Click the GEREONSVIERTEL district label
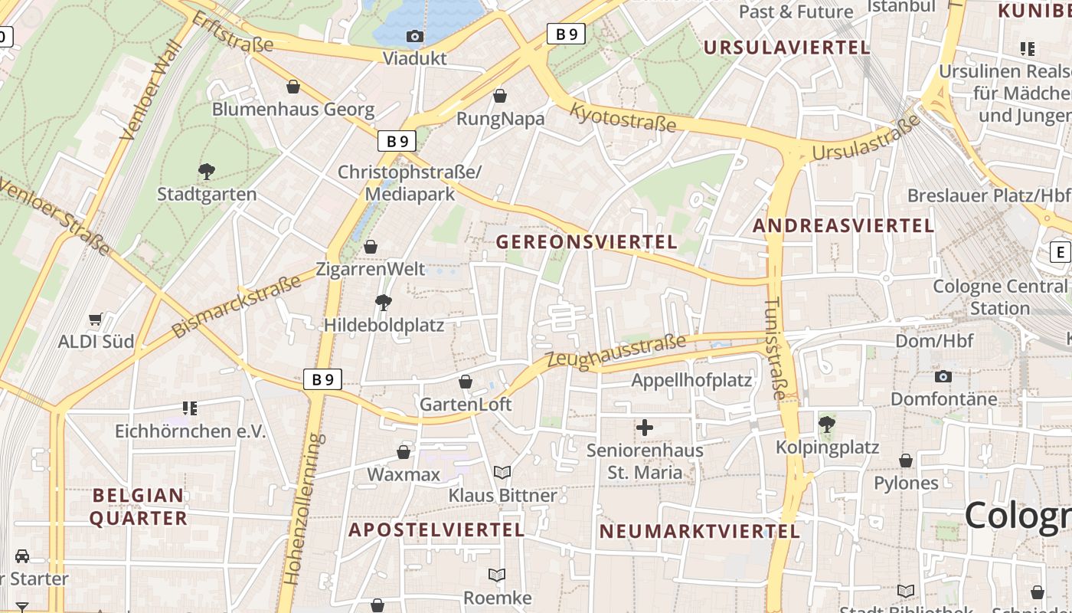[587, 242]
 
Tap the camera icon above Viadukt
[414, 36]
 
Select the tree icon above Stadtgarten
[206, 171]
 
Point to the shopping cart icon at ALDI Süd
[96, 319]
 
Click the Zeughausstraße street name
[616, 352]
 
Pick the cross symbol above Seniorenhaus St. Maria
[645, 428]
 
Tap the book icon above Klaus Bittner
[502, 473]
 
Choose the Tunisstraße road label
[775, 349]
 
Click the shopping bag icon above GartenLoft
[466, 382]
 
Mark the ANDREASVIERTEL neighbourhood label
[843, 226]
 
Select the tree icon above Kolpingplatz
[827, 424]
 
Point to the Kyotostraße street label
[623, 116]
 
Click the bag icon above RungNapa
[500, 96]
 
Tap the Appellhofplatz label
[691, 380]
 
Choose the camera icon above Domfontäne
[943, 376]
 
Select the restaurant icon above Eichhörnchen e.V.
[190, 408]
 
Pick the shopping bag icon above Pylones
[906, 461]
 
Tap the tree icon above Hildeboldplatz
[384, 303]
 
